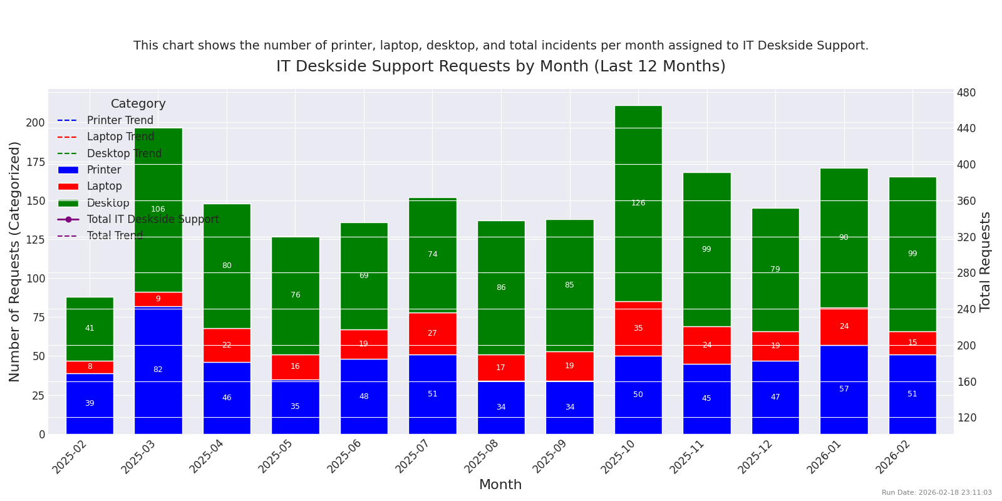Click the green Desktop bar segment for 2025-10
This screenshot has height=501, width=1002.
pyautogui.click(x=638, y=188)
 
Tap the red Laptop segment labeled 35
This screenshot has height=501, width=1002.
pyautogui.click(x=638, y=328)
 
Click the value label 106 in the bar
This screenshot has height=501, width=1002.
pyautogui.click(x=158, y=209)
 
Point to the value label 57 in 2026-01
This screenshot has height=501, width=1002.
pyautogui.click(x=844, y=389)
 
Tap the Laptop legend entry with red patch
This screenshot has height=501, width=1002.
pyautogui.click(x=104, y=186)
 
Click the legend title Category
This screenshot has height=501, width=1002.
pyautogui.click(x=138, y=104)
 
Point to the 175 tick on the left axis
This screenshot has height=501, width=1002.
pyautogui.click(x=35, y=162)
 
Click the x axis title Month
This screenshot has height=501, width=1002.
pyautogui.click(x=500, y=485)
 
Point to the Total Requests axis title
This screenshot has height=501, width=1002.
pyautogui.click(x=986, y=261)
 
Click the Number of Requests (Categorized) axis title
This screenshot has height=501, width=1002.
pyautogui.click(x=15, y=261)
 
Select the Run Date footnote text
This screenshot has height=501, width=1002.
pyautogui.click(x=936, y=493)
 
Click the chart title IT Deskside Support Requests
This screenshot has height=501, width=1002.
pyautogui.click(x=500, y=66)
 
